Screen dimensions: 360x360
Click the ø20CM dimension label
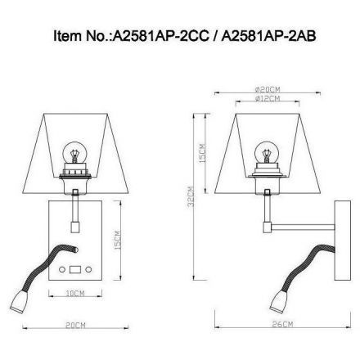pos(267,89)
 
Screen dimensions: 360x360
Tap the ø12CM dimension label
pos(267,98)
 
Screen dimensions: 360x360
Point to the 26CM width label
pos(282,326)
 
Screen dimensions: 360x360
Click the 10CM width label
pos(74,291)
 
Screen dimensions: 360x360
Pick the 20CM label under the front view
pos(76,326)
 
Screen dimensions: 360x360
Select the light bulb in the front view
pos(74,152)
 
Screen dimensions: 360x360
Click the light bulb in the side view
pos(267,152)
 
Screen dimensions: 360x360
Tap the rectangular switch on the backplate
pos(76,269)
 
